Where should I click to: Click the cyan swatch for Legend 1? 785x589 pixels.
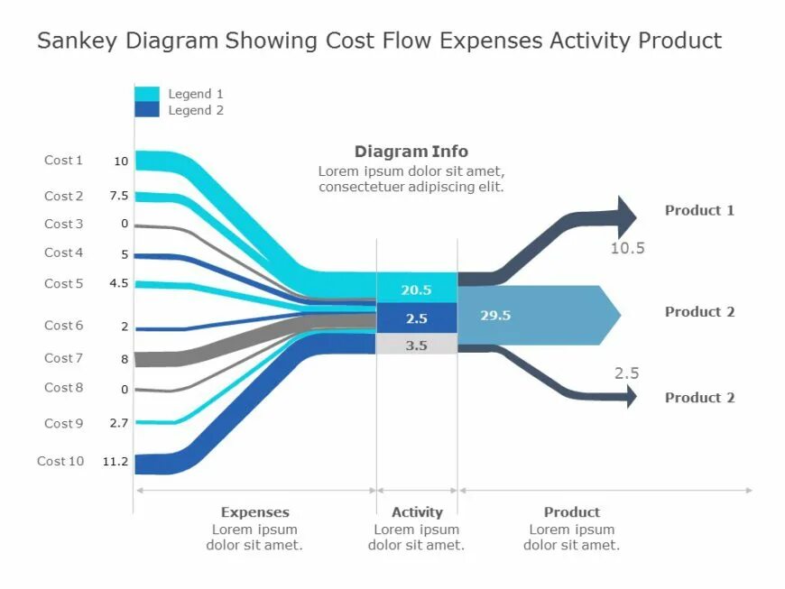point(146,94)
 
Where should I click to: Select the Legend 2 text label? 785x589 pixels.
point(196,110)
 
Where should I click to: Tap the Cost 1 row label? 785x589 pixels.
point(63,161)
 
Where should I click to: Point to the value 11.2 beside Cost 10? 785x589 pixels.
point(115,462)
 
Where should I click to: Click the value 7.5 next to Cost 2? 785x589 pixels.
point(119,197)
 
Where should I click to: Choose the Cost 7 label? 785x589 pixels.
point(63,358)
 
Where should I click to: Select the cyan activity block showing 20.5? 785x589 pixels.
point(416,290)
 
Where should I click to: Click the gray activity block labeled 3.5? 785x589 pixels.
point(416,345)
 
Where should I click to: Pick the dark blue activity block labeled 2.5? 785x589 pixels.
point(416,318)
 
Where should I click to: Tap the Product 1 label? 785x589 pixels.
point(699,210)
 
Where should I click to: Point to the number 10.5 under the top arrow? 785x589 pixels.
point(627,248)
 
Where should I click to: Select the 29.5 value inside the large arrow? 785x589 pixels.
point(495,316)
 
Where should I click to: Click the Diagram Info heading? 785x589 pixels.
point(411,152)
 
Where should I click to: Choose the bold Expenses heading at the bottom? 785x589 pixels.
point(254,512)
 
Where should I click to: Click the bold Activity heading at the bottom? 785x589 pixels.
point(416,512)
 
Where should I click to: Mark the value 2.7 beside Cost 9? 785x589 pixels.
point(119,423)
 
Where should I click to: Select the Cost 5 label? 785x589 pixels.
point(63,283)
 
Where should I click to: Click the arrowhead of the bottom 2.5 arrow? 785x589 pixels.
point(629,396)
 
